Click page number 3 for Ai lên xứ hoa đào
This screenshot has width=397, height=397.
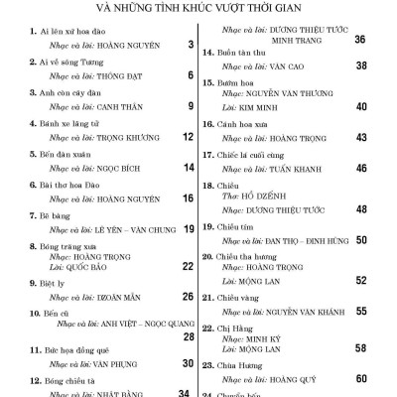(188, 46)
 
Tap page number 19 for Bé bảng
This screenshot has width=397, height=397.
(186, 228)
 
